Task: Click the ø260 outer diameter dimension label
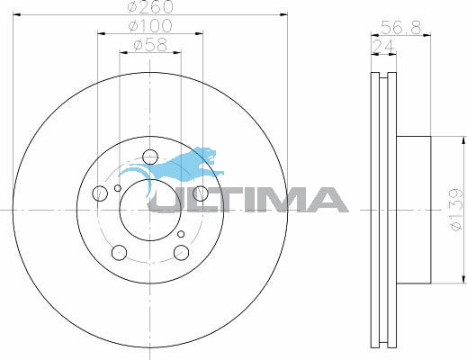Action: click(150, 6)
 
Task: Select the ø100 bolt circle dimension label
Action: click(150, 26)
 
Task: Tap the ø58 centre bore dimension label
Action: click(150, 45)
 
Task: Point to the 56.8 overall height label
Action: click(400, 28)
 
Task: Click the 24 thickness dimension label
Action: click(383, 47)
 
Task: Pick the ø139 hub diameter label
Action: click(457, 210)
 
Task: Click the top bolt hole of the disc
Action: click(150, 157)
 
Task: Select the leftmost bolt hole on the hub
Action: click(100, 193)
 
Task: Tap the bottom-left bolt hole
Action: click(119, 252)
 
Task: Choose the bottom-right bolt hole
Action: click(181, 252)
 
